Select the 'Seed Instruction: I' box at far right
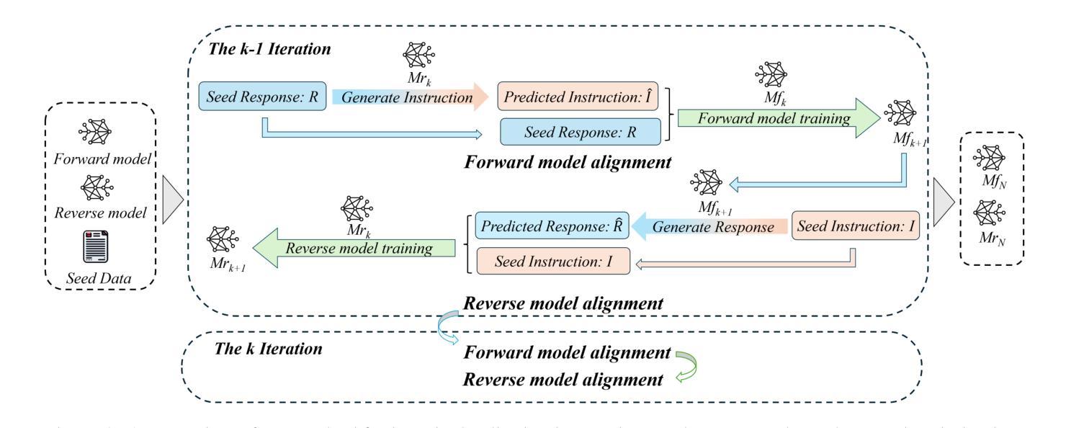point(856,226)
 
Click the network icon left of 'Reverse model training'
point(223,238)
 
